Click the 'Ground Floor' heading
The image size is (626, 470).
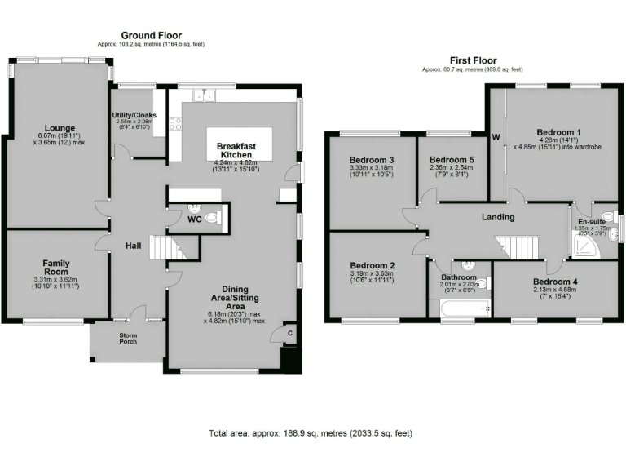tap(152, 35)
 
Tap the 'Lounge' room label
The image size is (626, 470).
tap(60, 128)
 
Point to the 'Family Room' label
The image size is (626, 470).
tap(56, 268)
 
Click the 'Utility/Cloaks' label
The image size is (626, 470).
tap(134, 115)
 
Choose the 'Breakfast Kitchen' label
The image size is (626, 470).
tap(236, 149)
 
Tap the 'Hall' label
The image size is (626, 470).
tap(134, 246)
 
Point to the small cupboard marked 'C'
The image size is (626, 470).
tap(290, 331)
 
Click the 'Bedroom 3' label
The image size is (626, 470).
tap(372, 159)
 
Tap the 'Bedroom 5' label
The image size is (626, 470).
tap(452, 159)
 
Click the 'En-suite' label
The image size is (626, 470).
tap(591, 221)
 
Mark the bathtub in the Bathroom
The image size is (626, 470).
tap(461, 308)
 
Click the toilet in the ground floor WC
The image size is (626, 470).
tap(213, 218)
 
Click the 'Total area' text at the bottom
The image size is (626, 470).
tap(311, 433)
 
